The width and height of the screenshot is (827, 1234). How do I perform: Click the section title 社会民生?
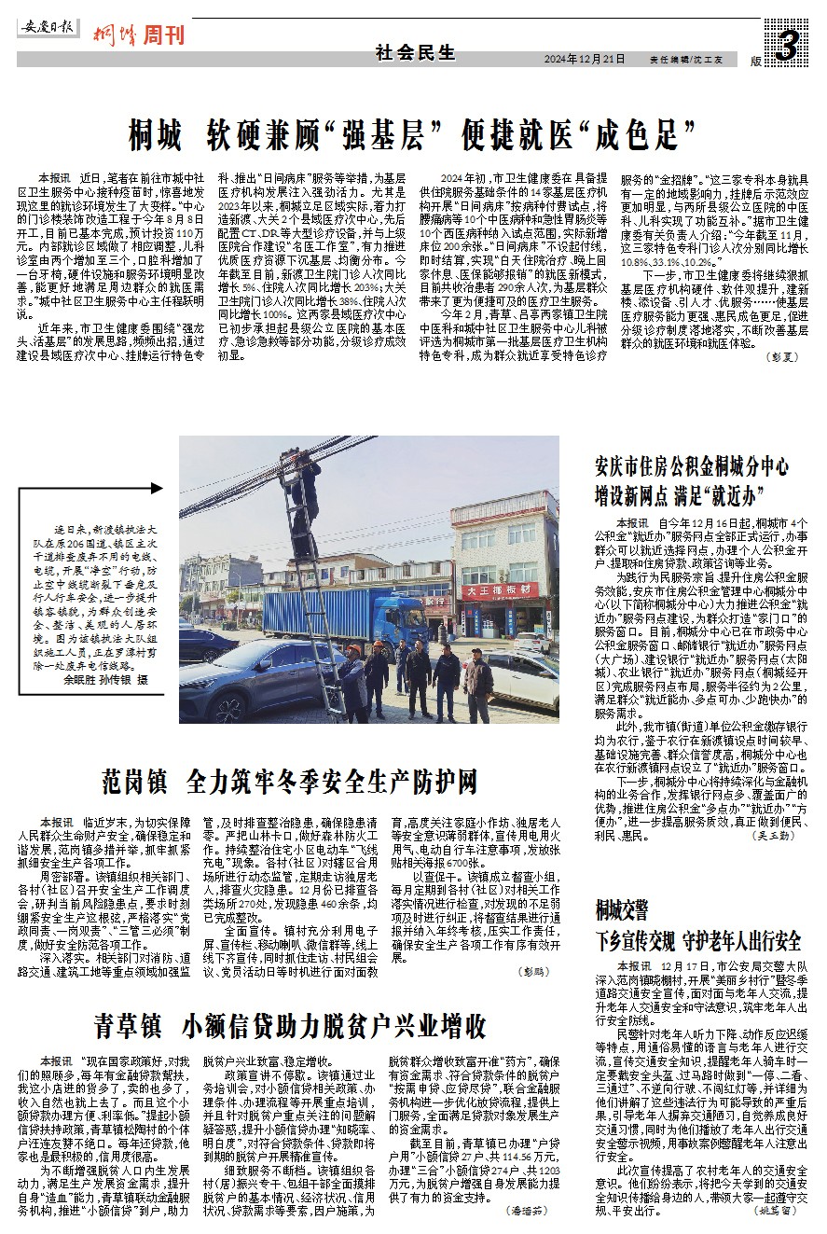click(x=416, y=53)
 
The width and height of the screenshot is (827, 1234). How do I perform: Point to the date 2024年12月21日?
click(x=585, y=59)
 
